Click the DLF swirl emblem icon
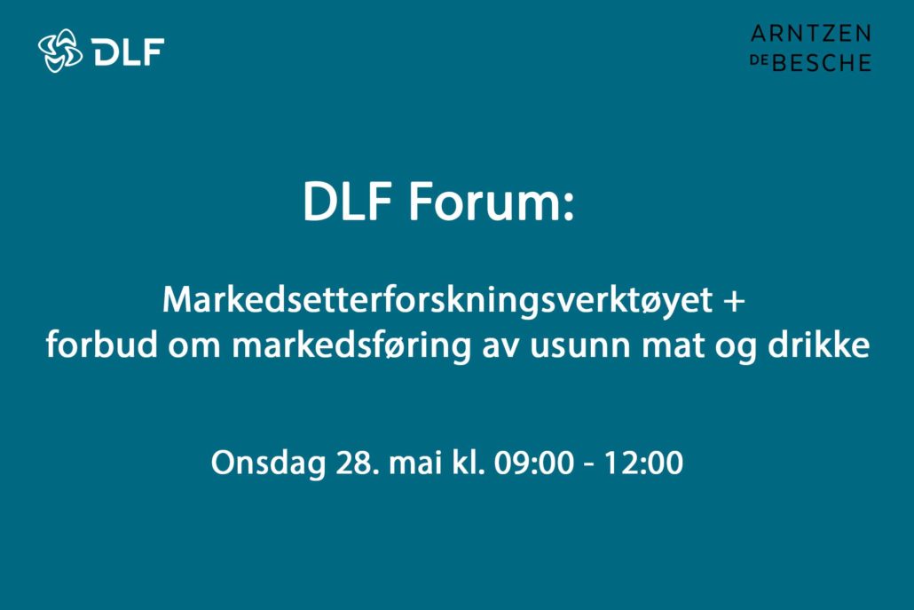pos(60,51)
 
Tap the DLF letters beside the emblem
pos(128,51)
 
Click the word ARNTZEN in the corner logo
pos(811,33)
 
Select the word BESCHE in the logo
pos(822,62)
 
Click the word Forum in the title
pos(491,202)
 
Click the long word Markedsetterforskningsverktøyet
pos(437,301)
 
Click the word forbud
pos(102,345)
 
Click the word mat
pos(673,345)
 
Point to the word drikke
pos(818,345)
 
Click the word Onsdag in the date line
pos(268,463)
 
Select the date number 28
pos(353,463)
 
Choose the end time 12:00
pos(643,463)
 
